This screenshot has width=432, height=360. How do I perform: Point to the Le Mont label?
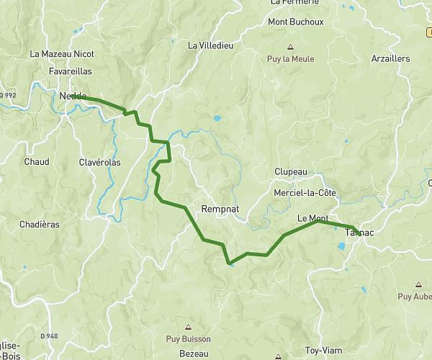[x=312, y=217]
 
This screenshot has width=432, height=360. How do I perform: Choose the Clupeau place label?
[x=291, y=172]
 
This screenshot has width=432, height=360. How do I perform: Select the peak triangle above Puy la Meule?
[x=291, y=47]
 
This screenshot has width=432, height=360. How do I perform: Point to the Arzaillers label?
[x=390, y=59]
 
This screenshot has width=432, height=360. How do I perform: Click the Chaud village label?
[x=36, y=162]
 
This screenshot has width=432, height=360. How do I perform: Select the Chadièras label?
[x=40, y=224]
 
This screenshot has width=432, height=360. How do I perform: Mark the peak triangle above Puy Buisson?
[x=189, y=326]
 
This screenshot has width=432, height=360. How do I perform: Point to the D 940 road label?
[x=49, y=336]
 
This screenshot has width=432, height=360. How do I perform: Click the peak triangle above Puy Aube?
[x=419, y=285]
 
